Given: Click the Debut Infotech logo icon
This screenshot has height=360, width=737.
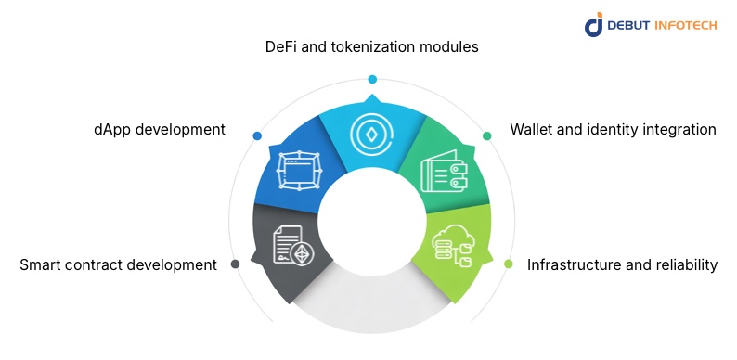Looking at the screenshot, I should (594, 24).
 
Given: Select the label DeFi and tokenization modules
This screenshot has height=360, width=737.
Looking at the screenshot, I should (372, 45).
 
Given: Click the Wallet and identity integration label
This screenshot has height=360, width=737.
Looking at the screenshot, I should (613, 129).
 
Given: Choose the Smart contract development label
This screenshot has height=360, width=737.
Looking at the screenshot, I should (118, 264).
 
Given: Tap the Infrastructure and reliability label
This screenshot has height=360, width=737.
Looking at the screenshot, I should (622, 264).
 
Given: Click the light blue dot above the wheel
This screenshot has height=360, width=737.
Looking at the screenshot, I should (372, 79).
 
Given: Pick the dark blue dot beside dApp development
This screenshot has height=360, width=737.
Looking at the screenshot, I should (257, 136).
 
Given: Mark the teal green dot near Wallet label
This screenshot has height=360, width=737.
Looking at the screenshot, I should (487, 136).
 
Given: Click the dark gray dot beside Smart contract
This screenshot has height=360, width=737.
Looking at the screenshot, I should (236, 264).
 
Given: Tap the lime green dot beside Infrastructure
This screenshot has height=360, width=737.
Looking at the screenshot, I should (509, 264).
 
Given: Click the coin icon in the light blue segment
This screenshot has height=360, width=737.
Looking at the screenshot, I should (372, 135).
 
